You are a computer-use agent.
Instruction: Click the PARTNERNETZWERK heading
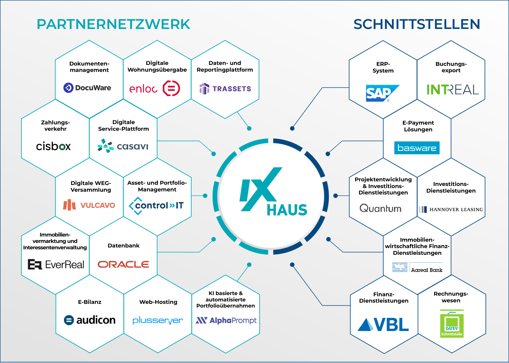coord(113,24)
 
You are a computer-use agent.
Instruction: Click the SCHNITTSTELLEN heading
coord(417,24)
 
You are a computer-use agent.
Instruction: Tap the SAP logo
coord(382,93)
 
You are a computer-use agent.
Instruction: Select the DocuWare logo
coord(87,88)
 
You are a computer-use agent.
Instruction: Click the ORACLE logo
coord(124,264)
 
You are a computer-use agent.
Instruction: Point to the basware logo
coord(417,148)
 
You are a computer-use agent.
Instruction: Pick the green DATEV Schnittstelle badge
coord(452,324)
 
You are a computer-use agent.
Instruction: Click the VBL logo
coord(383,324)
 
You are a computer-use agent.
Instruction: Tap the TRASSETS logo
coord(225,89)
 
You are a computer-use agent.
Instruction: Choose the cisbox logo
coord(53,146)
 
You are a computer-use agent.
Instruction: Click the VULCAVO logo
coord(89,205)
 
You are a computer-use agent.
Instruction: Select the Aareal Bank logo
coord(418,267)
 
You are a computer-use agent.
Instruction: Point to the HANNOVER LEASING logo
coord(451,209)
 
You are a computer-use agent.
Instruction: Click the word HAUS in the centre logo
coord(287,210)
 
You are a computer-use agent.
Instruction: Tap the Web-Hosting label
coord(158,302)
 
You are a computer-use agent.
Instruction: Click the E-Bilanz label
coord(90,302)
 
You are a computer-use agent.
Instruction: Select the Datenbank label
coord(124,246)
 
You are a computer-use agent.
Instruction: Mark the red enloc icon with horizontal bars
coord(171,88)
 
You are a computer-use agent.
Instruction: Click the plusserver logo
coord(158,320)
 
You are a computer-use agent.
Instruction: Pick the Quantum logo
coord(380,208)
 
